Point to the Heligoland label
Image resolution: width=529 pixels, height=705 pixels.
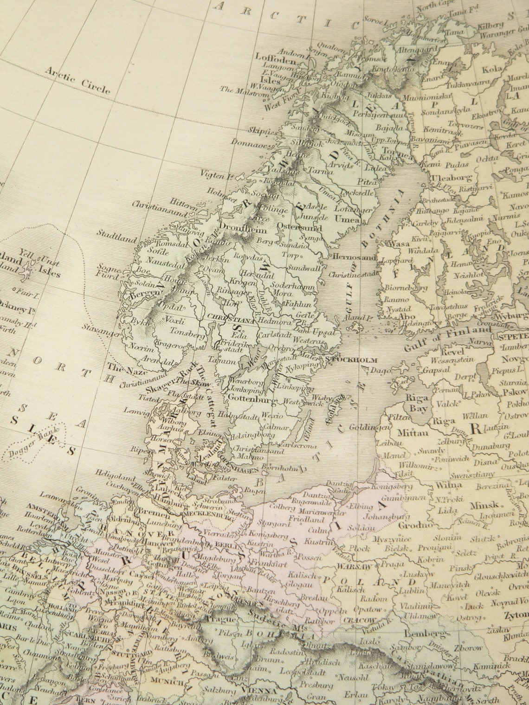[x=110, y=474]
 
